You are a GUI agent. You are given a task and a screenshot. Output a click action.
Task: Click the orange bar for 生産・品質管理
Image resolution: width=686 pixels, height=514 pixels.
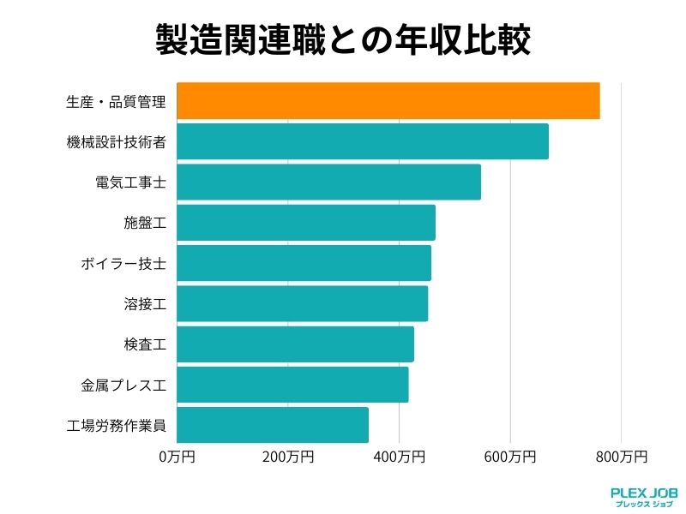click(x=388, y=101)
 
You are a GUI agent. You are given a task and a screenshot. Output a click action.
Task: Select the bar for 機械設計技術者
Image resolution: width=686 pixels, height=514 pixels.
click(x=362, y=141)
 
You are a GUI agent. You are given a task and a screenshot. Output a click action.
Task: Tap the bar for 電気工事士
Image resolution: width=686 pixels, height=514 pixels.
click(x=328, y=182)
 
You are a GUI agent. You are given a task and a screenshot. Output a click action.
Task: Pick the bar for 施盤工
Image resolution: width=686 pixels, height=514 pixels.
click(x=305, y=223)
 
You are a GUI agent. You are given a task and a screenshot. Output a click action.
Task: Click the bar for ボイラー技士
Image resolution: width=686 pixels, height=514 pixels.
click(x=304, y=263)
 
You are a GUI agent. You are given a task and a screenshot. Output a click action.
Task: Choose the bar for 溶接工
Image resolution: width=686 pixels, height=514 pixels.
click(x=302, y=303)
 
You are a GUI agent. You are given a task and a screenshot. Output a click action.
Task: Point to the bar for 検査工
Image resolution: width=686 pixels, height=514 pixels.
click(x=295, y=344)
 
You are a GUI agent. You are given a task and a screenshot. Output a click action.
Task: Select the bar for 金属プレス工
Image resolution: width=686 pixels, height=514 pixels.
click(x=292, y=385)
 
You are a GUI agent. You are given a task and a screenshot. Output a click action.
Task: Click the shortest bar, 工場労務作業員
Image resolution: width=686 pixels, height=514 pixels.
click(x=273, y=425)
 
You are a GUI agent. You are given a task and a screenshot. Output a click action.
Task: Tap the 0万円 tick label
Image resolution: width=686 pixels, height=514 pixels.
click(x=178, y=457)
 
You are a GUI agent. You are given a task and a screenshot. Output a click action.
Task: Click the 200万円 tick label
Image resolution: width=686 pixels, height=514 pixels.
click(x=288, y=457)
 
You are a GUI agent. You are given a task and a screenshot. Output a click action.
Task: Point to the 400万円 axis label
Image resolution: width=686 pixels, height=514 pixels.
click(x=399, y=457)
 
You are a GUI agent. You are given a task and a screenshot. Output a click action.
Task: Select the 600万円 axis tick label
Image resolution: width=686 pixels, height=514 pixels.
click(x=510, y=457)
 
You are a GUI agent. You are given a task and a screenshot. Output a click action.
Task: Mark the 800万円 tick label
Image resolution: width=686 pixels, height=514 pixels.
click(x=621, y=457)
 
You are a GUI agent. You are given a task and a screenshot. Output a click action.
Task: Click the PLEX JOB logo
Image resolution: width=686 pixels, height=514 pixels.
click(x=643, y=497)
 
